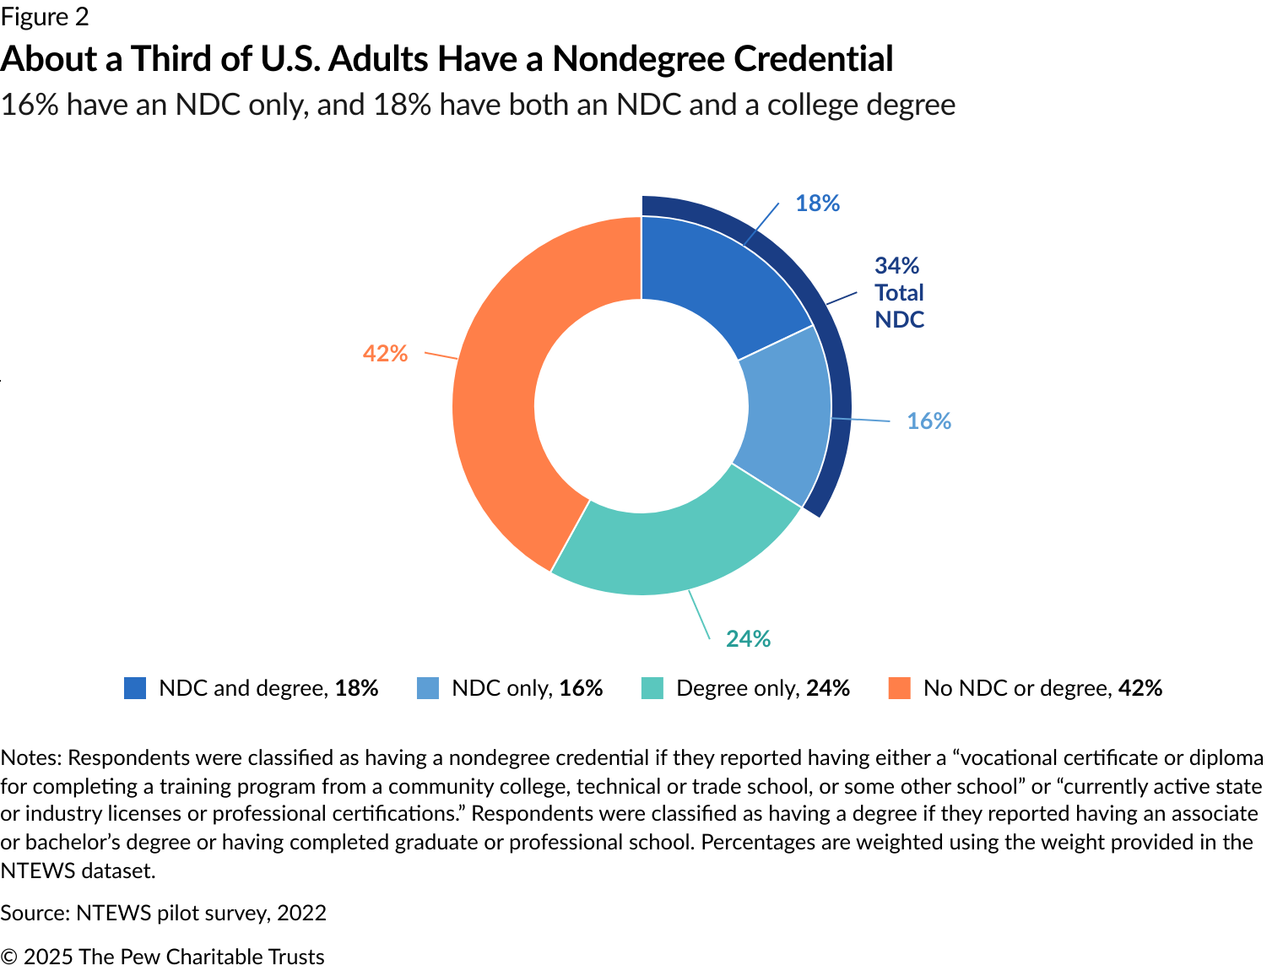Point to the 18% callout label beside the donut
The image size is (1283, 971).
[817, 203]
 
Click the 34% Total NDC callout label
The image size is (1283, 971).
[899, 292]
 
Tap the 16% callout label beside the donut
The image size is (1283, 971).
[928, 421]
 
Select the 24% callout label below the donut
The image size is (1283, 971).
[748, 639]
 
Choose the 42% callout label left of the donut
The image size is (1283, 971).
[385, 354]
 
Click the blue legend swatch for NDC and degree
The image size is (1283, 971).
[135, 688]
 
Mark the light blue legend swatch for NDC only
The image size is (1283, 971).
[428, 688]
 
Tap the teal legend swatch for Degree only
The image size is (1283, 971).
[652, 688]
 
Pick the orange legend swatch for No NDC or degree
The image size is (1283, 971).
[900, 688]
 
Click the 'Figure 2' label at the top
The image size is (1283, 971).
[45, 17]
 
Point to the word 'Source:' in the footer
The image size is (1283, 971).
[35, 913]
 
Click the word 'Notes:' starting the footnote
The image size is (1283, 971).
[30, 757]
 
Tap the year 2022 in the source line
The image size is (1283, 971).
[301, 913]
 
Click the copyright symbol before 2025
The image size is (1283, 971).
[9, 957]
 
